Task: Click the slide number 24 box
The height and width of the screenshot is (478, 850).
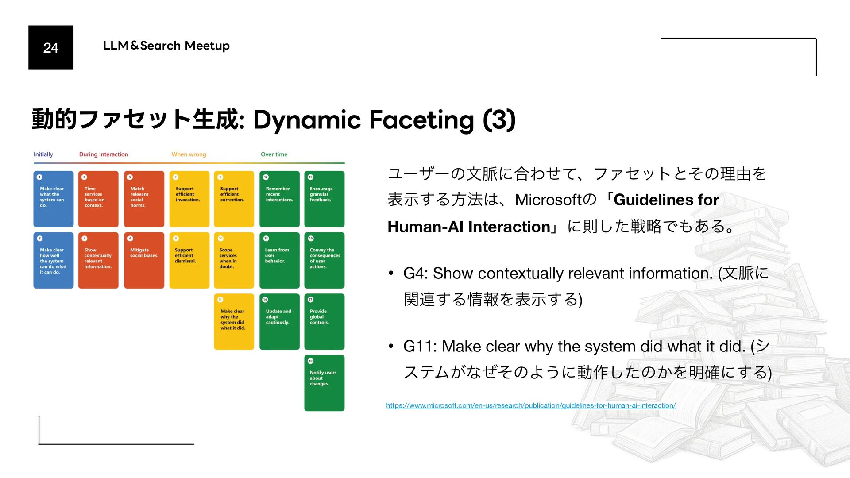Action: click(x=51, y=47)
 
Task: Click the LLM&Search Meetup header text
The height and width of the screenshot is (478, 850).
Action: click(x=166, y=46)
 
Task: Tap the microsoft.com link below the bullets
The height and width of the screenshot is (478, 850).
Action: click(x=530, y=405)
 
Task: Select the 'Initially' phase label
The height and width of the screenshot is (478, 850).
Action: click(x=43, y=154)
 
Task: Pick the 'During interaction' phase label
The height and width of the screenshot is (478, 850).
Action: click(x=104, y=154)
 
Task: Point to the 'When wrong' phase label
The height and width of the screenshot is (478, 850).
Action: click(x=189, y=154)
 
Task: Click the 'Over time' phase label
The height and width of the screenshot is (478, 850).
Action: click(x=274, y=154)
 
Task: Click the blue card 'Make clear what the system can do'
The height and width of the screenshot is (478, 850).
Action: click(x=53, y=199)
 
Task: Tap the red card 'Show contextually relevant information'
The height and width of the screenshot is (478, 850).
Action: click(x=98, y=260)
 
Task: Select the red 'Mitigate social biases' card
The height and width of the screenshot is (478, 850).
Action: click(x=144, y=260)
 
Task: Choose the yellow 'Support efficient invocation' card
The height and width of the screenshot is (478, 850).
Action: click(x=189, y=199)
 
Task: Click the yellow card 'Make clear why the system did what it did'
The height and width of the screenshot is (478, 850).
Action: click(x=234, y=321)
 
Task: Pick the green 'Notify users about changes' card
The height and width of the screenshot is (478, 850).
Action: click(x=324, y=383)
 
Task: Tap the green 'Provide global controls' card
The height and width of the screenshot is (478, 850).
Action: click(x=324, y=321)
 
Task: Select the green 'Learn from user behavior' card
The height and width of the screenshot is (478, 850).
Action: click(x=279, y=260)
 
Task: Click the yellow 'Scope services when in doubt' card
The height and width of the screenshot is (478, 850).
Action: click(x=234, y=260)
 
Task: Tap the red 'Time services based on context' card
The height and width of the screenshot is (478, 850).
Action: click(x=98, y=199)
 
